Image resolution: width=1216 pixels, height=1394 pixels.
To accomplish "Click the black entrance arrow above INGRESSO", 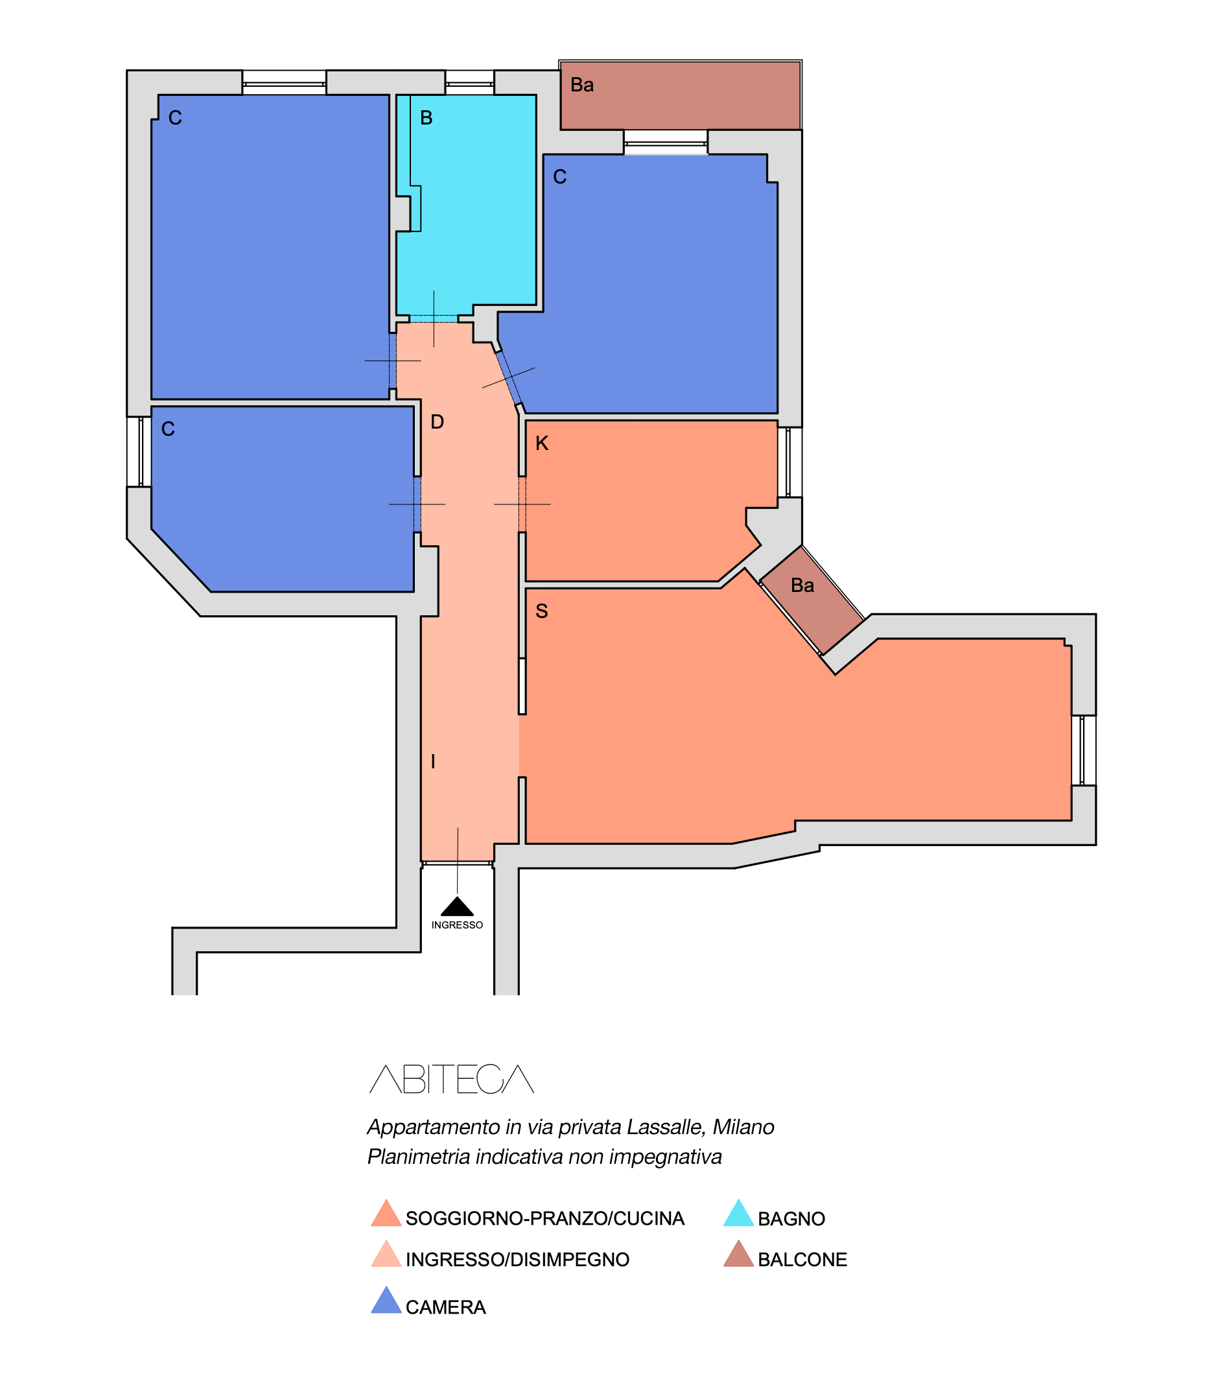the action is pyautogui.click(x=458, y=906).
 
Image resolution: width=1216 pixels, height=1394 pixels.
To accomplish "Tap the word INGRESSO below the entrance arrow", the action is pyautogui.click(x=458, y=926).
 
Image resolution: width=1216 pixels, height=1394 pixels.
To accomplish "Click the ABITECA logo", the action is pyautogui.click(x=451, y=1079).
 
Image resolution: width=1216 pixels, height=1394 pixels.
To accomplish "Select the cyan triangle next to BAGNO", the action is pyautogui.click(x=738, y=1214).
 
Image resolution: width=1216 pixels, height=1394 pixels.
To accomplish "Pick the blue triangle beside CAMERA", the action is pyautogui.click(x=386, y=1301).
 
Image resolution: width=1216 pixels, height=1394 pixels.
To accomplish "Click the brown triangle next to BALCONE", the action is pyautogui.click(x=738, y=1255).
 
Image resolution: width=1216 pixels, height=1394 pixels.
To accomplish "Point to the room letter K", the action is pyautogui.click(x=541, y=444).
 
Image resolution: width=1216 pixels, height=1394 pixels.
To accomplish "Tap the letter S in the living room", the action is pyautogui.click(x=541, y=611).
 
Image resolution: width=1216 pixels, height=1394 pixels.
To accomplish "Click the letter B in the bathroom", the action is pyautogui.click(x=426, y=118).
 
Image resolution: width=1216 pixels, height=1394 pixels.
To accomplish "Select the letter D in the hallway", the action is pyautogui.click(x=437, y=422).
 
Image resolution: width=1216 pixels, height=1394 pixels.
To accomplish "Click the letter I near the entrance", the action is pyautogui.click(x=433, y=761).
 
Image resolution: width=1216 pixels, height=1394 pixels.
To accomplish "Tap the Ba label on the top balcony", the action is pyautogui.click(x=582, y=85).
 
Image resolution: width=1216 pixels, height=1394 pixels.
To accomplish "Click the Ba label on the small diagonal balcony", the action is pyautogui.click(x=802, y=585).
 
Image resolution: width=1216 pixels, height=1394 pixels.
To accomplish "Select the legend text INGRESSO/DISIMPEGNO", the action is pyautogui.click(x=517, y=1260).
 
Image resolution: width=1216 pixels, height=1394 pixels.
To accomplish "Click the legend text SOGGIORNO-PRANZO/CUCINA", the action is pyautogui.click(x=545, y=1219).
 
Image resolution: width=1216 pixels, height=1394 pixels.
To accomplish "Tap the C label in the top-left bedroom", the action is pyautogui.click(x=175, y=118).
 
